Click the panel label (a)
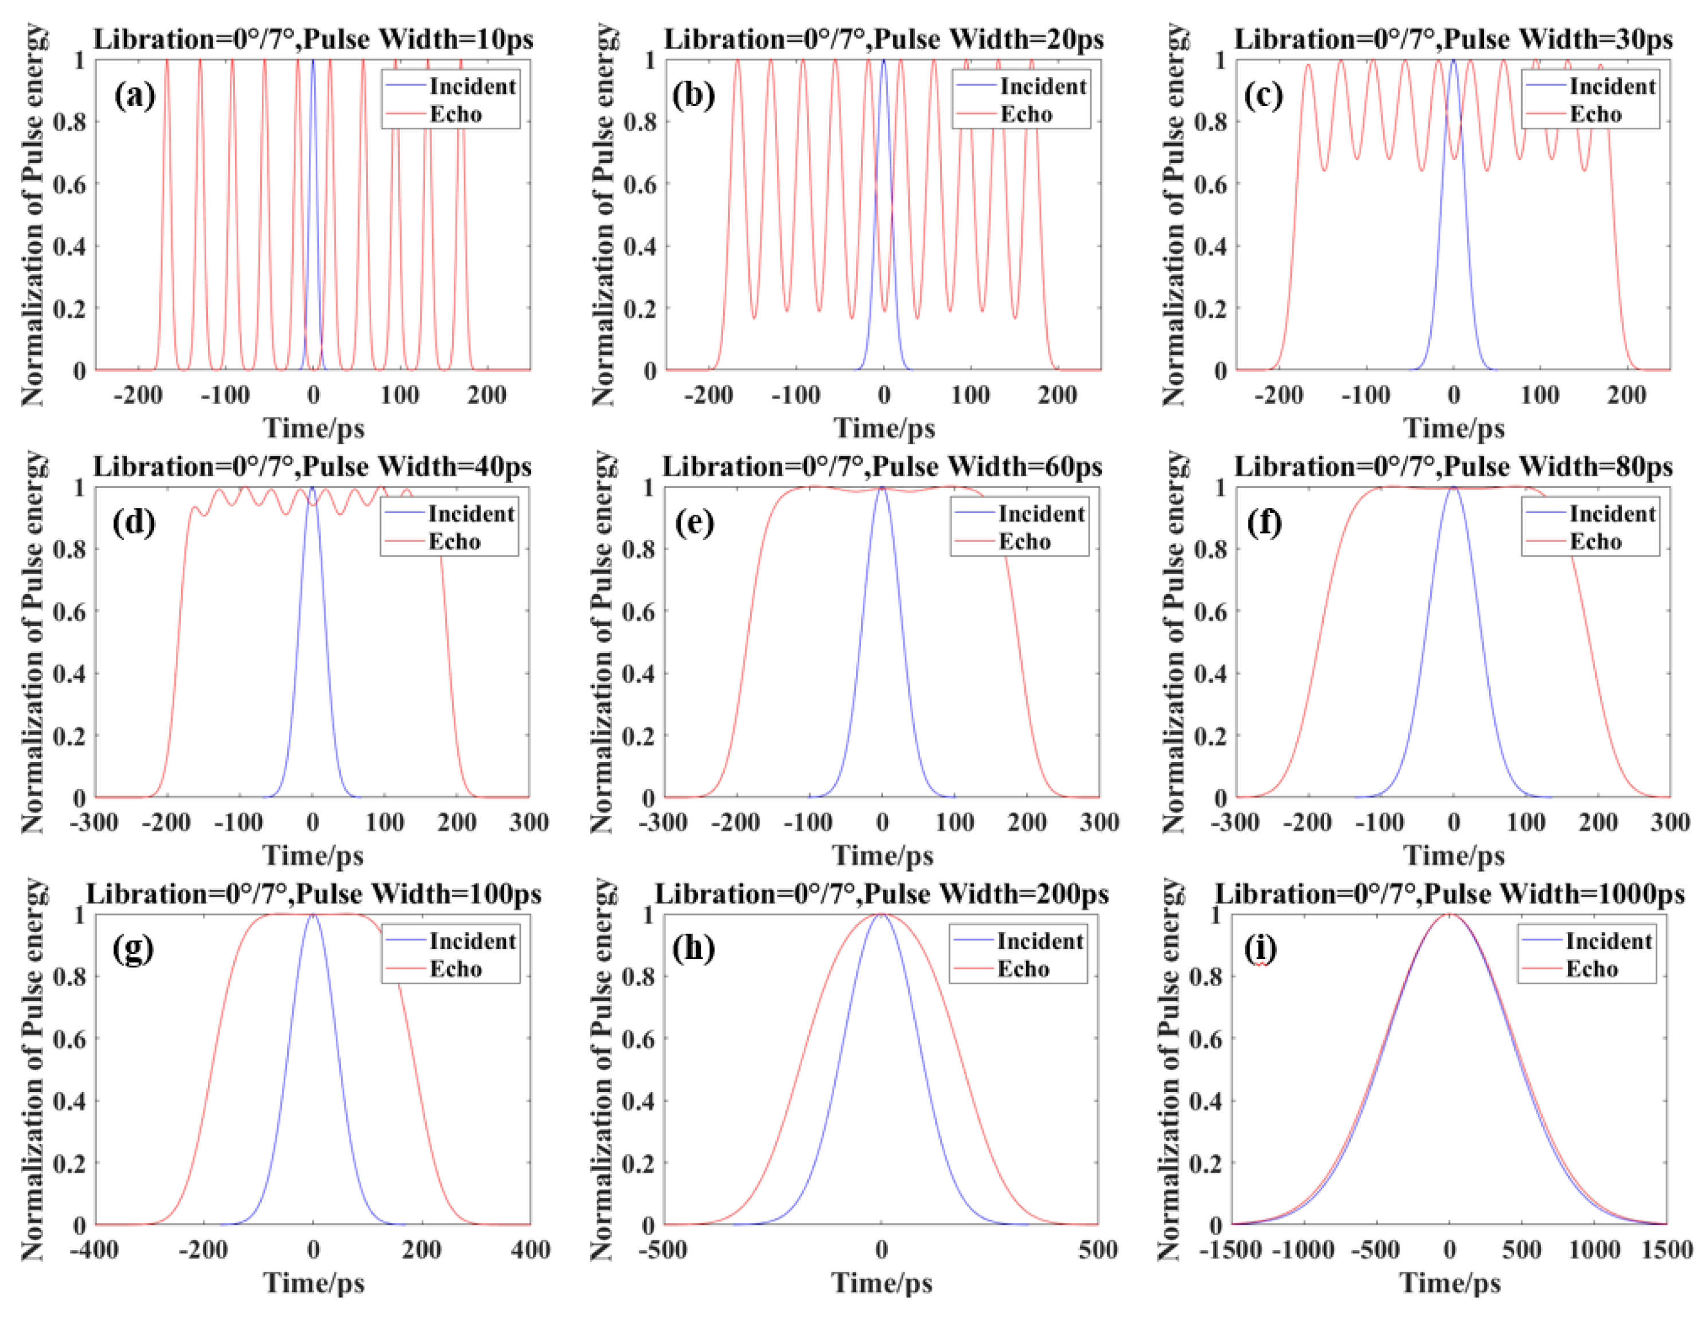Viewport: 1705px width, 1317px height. click(x=134, y=95)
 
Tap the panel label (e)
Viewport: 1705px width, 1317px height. click(x=694, y=523)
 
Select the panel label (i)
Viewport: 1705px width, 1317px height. click(x=1260, y=949)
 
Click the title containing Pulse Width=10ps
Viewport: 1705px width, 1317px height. click(x=313, y=39)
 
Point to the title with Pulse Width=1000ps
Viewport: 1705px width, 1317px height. click(x=1449, y=893)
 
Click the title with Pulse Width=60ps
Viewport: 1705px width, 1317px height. click(x=882, y=467)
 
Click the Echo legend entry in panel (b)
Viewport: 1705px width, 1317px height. click(x=1026, y=115)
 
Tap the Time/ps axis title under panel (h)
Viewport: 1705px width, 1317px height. click(x=881, y=1283)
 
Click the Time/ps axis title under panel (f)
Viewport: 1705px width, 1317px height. click(x=1453, y=856)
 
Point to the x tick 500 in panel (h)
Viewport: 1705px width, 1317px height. click(x=1098, y=1250)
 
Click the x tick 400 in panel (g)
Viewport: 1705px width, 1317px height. click(x=530, y=1250)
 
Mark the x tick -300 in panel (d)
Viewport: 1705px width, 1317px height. click(x=94, y=822)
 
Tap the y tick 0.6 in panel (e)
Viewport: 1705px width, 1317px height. click(x=639, y=612)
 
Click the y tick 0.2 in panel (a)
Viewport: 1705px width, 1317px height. click(x=69, y=308)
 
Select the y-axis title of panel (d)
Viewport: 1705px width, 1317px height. click(x=33, y=641)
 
